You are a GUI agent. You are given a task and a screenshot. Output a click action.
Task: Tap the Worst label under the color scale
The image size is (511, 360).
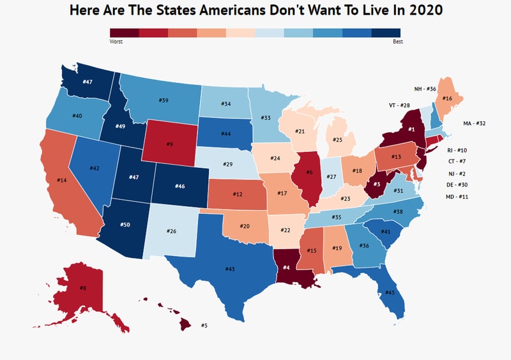(x=116, y=41)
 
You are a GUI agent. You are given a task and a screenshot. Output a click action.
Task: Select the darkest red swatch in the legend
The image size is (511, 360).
(x=124, y=33)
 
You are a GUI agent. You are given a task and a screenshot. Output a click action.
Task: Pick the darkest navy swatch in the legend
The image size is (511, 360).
(x=386, y=33)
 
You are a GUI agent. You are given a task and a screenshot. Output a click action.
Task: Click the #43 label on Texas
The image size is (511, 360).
(x=230, y=269)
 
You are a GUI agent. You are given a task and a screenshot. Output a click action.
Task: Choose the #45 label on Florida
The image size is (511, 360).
(x=390, y=293)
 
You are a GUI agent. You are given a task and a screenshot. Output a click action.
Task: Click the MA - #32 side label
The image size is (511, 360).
(x=475, y=123)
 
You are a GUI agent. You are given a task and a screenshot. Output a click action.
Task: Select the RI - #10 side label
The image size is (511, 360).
(x=457, y=149)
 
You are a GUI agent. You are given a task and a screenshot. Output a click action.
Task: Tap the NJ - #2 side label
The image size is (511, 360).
(x=456, y=173)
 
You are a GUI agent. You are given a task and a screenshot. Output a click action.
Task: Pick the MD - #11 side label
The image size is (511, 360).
(x=457, y=197)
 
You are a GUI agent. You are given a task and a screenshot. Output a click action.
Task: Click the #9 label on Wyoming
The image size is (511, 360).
(x=169, y=144)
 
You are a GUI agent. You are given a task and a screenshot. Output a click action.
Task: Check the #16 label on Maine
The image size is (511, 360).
(x=447, y=99)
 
